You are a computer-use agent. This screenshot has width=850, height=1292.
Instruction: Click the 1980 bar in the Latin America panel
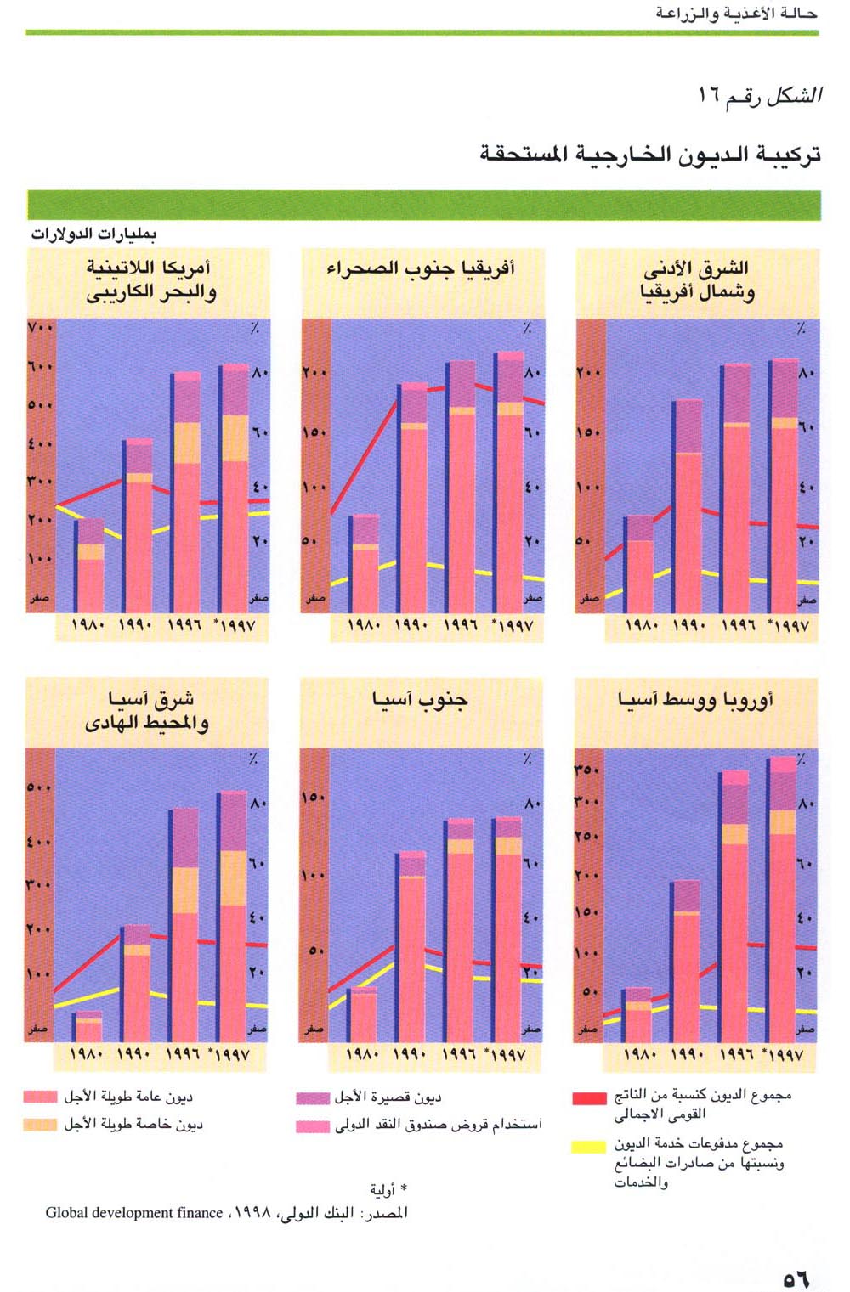89,567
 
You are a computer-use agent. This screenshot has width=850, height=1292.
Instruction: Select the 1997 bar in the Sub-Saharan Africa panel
510,484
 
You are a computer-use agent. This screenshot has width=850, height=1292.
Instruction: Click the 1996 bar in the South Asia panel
460,930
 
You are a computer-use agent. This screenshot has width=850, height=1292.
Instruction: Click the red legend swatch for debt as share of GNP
589,1097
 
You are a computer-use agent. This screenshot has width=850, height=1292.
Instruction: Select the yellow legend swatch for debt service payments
589,1146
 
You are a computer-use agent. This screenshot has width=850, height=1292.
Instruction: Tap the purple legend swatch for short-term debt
312,1097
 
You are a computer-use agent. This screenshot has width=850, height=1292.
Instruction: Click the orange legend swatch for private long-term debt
40,1124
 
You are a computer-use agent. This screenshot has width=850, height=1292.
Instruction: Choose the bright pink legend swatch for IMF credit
312,1126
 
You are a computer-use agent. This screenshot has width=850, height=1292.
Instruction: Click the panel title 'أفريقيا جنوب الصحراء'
421,269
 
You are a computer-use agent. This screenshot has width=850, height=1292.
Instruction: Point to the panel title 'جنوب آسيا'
419,700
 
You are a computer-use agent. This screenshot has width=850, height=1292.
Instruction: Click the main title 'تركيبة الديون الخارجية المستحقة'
650,155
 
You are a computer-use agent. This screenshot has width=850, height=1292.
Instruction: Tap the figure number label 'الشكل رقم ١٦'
759,95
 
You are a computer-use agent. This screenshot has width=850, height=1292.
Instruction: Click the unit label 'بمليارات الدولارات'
93,234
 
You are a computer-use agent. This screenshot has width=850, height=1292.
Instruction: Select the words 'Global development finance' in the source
134,1213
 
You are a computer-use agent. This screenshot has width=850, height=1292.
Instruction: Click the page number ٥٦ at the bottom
796,1278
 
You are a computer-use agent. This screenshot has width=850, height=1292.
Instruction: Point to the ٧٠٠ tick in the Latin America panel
40,328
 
